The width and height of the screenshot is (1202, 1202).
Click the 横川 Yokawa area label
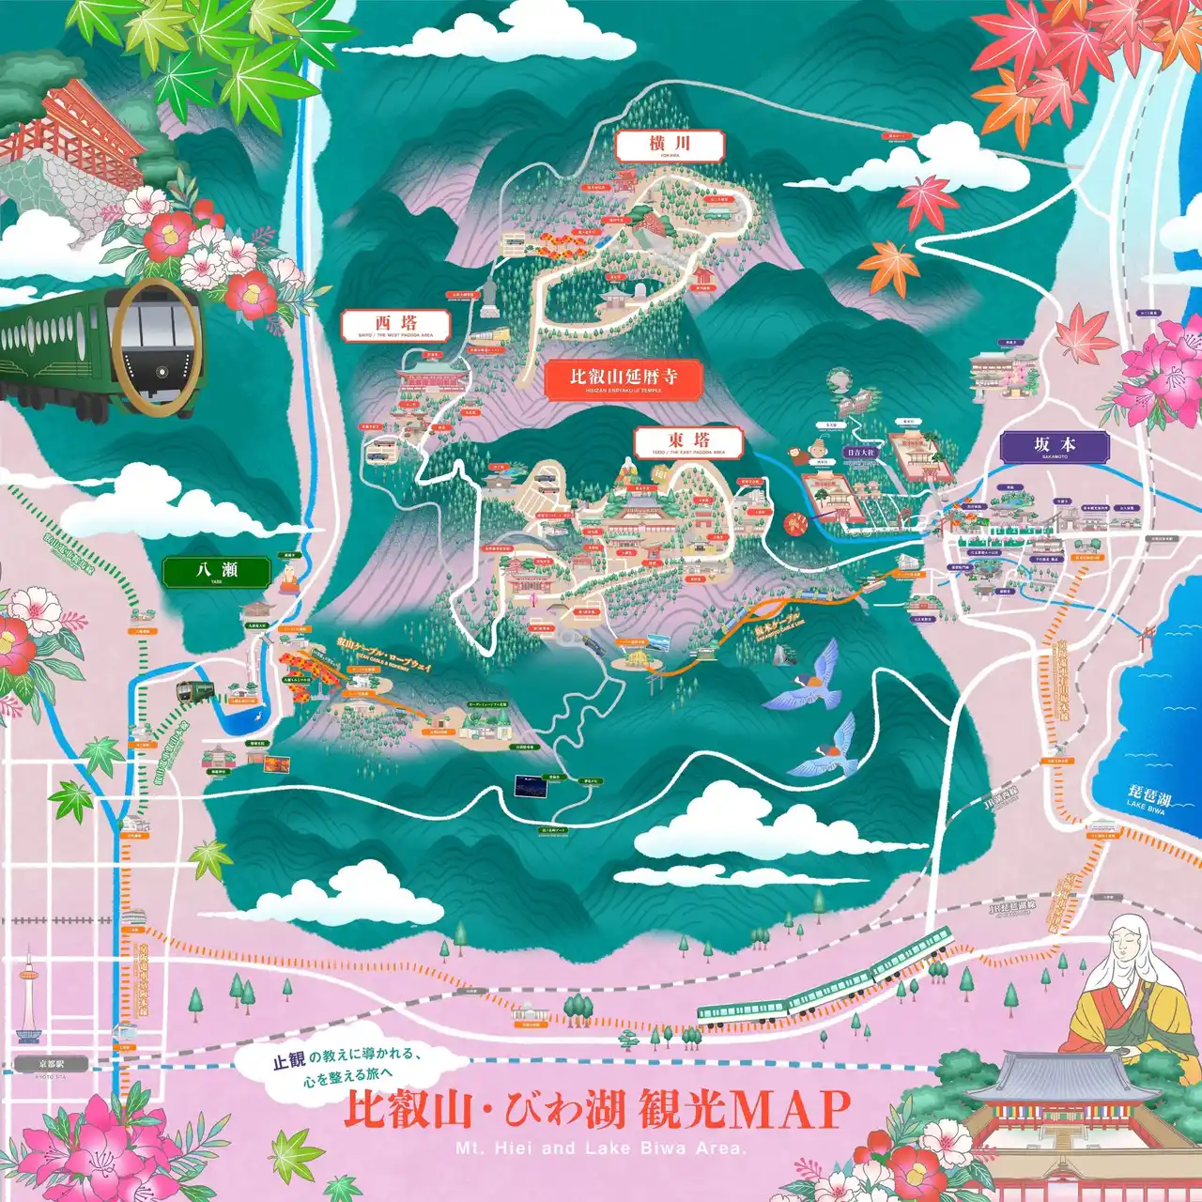[x=669, y=145]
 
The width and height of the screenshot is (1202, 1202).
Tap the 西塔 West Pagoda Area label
[x=396, y=325]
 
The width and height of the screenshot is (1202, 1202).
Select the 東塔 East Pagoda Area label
[x=688, y=441]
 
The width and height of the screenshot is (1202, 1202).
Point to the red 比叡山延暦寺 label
[x=623, y=378]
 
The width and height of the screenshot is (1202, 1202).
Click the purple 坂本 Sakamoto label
[x=1054, y=446]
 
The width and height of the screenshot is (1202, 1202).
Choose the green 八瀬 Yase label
[x=216, y=572]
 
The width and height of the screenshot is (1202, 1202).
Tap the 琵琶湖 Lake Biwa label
[x=1149, y=800]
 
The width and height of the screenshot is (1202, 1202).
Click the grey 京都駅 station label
[x=51, y=1065]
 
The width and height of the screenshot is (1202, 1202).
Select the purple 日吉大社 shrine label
[x=858, y=453]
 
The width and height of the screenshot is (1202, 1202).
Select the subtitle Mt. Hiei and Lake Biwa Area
[x=600, y=1148]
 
